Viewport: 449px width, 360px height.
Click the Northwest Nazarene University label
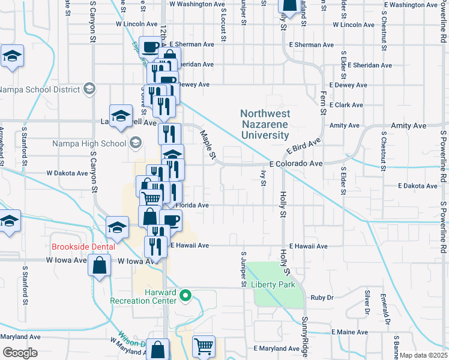tap(265, 124)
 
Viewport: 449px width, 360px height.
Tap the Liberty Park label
tap(273, 284)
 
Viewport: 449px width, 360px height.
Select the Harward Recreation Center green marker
tap(185, 295)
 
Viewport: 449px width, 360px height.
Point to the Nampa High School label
tap(89, 143)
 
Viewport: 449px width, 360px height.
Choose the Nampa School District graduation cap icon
tap(89, 89)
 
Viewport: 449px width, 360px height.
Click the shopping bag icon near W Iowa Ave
tap(99, 265)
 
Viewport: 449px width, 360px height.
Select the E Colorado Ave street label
tap(296, 163)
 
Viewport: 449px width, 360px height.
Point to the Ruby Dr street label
tap(322, 297)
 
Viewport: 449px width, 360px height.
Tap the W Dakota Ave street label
tap(67, 173)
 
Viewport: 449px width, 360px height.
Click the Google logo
tap(20, 353)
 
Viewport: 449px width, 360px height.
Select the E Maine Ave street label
tap(348, 332)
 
